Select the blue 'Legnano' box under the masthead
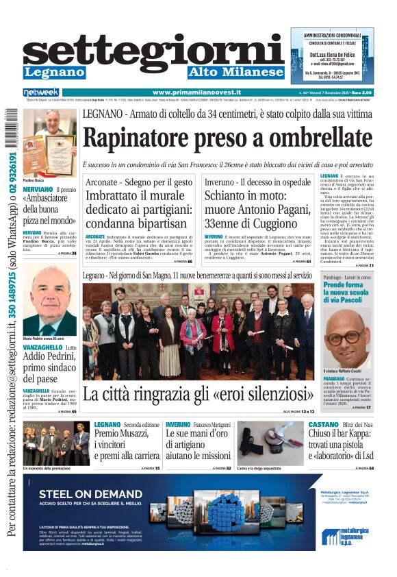pos(54,72)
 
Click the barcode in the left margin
pos(12,130)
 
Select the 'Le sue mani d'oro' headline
pos(198,439)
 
